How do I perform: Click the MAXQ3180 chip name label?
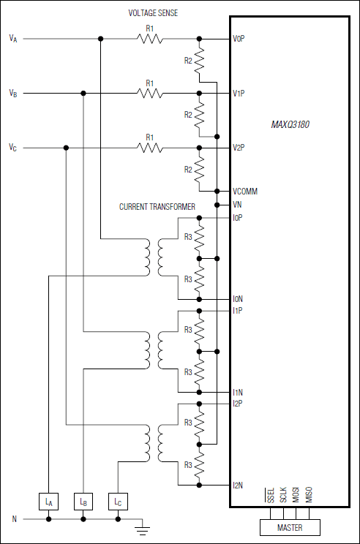click(290, 125)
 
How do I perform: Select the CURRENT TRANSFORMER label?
click(157, 207)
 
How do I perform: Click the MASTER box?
click(290, 528)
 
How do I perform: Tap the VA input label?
click(13, 38)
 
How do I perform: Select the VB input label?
click(13, 93)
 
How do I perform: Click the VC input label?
click(13, 148)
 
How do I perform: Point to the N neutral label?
click(13, 519)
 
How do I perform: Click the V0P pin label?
click(239, 39)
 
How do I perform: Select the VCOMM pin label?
click(244, 192)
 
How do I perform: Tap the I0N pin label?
click(238, 299)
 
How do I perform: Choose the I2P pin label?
click(238, 403)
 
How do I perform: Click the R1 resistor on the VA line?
click(150, 38)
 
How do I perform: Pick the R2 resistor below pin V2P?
click(199, 169)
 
